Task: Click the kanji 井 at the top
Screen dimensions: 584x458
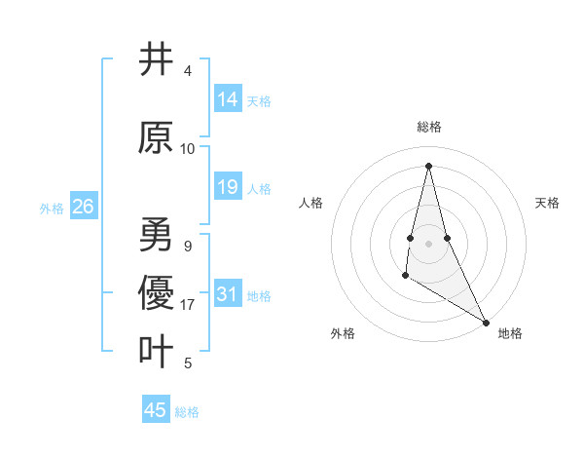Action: point(156,59)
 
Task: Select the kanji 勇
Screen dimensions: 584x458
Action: point(156,235)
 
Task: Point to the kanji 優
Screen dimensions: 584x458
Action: point(156,292)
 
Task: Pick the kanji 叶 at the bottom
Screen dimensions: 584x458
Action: point(156,351)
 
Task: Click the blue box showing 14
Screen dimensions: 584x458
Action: point(228,98)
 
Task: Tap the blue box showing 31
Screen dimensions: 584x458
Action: point(228,294)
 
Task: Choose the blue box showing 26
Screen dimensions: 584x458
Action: point(83,207)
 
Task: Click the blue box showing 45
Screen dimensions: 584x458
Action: point(156,410)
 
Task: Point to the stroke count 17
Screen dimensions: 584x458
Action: point(188,305)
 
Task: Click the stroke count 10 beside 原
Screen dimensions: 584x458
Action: point(188,149)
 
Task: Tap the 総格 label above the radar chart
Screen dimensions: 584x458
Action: point(428,127)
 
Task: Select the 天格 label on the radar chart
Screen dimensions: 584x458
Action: point(547,203)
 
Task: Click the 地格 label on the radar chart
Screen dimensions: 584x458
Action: point(510,333)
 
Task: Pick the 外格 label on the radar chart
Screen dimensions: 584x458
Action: point(343,333)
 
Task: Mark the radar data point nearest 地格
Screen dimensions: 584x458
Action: point(486,322)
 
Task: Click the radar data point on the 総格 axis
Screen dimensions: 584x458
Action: point(428,165)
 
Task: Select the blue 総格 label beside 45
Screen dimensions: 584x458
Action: point(187,412)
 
